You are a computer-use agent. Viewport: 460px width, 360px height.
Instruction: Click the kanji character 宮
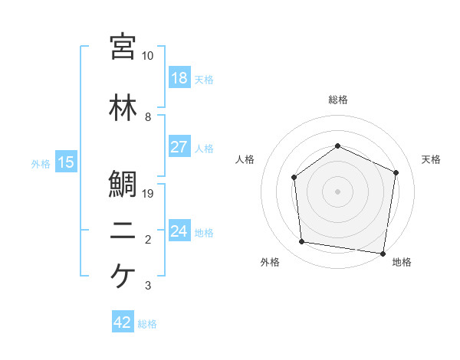[123, 47]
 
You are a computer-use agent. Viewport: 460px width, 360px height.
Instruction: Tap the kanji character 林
[123, 106]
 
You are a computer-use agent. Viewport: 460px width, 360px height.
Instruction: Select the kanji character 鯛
[123, 184]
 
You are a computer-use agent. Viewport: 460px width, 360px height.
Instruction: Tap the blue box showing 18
[179, 79]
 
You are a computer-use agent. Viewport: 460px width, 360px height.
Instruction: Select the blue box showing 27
[179, 147]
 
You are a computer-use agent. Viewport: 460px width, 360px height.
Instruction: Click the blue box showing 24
[179, 231]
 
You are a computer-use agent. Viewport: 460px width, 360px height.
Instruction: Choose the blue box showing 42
[123, 323]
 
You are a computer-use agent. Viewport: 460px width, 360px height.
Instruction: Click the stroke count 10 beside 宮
[147, 56]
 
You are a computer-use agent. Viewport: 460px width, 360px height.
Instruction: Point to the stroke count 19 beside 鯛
[149, 193]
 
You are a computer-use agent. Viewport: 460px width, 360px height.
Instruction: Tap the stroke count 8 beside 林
[147, 116]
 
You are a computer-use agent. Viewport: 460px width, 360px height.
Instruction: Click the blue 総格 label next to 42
[147, 324]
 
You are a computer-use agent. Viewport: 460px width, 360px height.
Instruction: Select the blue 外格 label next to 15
[41, 162]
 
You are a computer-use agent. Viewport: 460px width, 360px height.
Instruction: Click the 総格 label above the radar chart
[337, 100]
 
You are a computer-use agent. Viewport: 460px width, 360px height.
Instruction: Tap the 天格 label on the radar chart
[431, 159]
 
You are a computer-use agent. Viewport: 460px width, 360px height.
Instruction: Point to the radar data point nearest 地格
[383, 253]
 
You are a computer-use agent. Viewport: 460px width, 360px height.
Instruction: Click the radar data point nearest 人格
[294, 178]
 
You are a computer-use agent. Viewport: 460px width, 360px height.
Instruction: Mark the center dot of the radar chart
[337, 191]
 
